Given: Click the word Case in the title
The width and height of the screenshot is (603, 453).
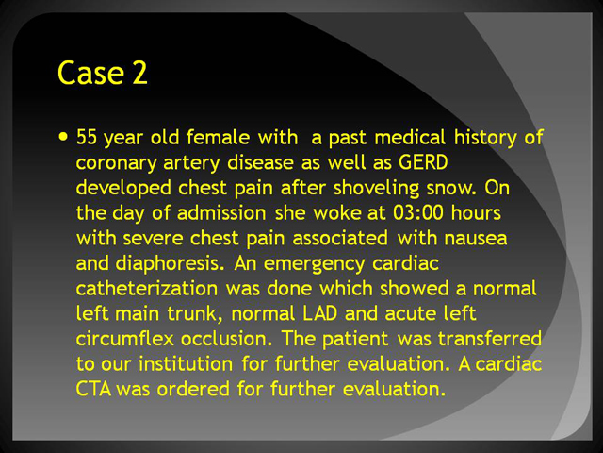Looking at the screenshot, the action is pos(90,73).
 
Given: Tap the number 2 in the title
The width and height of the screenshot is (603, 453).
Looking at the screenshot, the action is pos(140,73).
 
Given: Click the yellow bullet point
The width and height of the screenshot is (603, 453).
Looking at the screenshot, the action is pos(63,136).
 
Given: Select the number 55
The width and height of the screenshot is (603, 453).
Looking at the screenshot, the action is pos(87,137).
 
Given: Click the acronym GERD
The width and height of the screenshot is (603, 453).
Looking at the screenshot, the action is pos(423,162).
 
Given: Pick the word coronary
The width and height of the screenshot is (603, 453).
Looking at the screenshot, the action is pos(116,163).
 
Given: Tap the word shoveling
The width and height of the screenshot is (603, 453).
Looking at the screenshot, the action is pos(376,188).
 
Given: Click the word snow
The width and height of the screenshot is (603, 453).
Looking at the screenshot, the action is pos(451,189).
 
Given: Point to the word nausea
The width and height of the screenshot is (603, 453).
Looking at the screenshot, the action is pos(476,239).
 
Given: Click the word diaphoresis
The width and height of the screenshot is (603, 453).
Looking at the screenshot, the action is pos(170,264).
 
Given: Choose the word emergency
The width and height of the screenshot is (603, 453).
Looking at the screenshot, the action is pos(314,264).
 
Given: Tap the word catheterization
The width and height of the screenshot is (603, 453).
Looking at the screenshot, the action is pos(147,289).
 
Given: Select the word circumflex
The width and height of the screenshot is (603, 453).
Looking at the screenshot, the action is pos(125,339).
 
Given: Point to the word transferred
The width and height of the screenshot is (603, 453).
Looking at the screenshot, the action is pos(490,339).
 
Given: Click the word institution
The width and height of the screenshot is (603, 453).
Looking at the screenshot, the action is pos(186,364).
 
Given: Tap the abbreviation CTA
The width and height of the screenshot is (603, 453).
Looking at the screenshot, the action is pos(93,389).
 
